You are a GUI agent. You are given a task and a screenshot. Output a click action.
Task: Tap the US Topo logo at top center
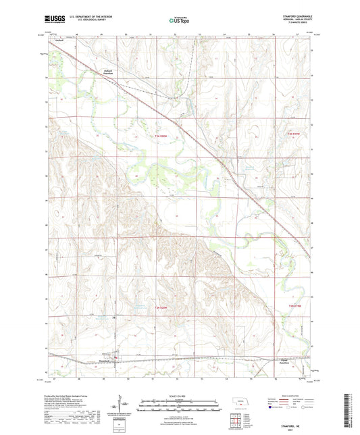point(179,22)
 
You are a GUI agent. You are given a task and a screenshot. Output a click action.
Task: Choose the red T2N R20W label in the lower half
point(157,308)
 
